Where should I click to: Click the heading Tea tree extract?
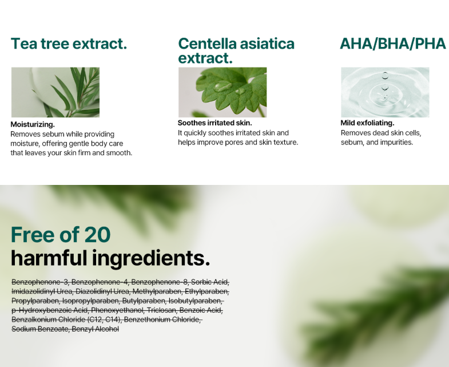coord(69,44)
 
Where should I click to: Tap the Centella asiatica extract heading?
coord(236,51)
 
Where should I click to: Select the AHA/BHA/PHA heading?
coord(393,44)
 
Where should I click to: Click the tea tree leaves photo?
coord(55,92)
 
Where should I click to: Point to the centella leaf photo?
coord(222,92)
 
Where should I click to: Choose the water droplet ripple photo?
coord(385,92)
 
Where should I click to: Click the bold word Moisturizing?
coord(33,124)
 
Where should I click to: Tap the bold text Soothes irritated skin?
coord(214,123)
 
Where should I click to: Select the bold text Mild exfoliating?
coord(367,123)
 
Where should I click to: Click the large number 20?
coord(97,235)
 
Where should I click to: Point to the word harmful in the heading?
coord(49,258)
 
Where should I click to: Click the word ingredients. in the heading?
coord(151,259)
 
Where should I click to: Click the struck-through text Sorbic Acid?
coord(210,282)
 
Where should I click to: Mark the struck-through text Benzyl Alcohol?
coord(96,329)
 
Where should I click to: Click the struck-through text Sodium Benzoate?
coord(41,329)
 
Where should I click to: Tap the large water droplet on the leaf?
coord(222,85)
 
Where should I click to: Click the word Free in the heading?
coord(33,235)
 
